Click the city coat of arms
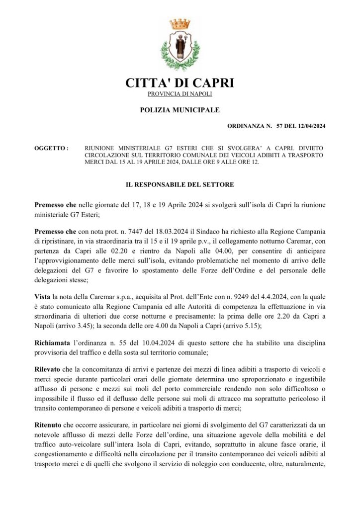pyautogui.click(x=180, y=46)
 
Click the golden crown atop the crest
pyautogui.click(x=180, y=23)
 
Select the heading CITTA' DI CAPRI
pyautogui.click(x=180, y=83)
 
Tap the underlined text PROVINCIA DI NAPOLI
pyautogui.click(x=180, y=94)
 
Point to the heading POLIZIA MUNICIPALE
pyautogui.click(x=180, y=109)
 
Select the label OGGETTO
pyautogui.click(x=51, y=148)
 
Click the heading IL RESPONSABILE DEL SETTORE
pyautogui.click(x=180, y=184)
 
